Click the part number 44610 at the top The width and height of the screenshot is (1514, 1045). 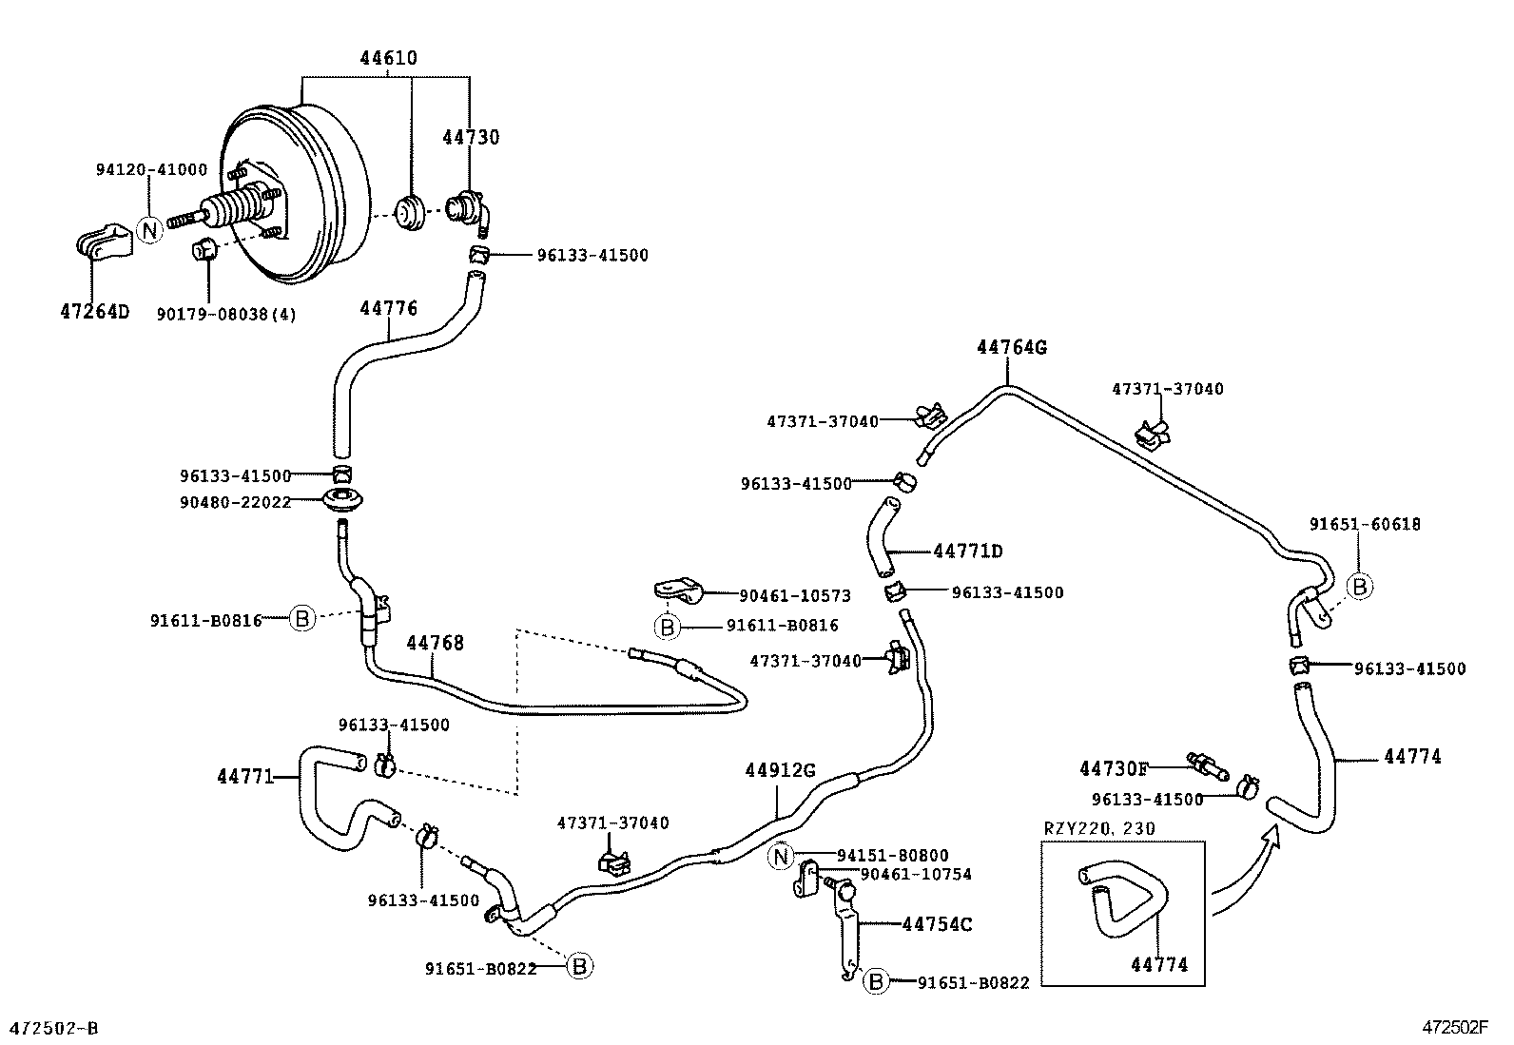(388, 58)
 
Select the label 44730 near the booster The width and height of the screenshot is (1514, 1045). (470, 137)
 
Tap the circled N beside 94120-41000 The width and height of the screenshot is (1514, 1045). (149, 229)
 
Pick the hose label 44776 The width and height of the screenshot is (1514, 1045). (388, 308)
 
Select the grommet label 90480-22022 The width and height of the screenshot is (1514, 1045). (235, 502)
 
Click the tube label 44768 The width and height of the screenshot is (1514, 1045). (435, 643)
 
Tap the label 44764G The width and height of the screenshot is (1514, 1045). (1011, 347)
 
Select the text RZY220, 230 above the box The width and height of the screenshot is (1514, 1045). (1099, 828)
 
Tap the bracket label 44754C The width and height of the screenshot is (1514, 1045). (936, 923)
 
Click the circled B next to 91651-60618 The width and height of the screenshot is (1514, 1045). (1359, 587)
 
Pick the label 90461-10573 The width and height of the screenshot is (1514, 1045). (794, 595)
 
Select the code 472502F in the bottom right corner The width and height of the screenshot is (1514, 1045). (1454, 1027)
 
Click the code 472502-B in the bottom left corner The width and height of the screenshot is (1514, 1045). (53, 1028)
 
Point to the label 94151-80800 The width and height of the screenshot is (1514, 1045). (892, 856)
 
